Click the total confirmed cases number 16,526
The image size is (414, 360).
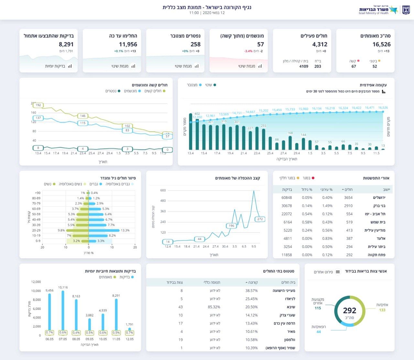tap(381, 44)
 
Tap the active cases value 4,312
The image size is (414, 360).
tap(320, 44)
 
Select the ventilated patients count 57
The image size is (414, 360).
tap(260, 44)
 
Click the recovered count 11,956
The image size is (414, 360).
tap(128, 44)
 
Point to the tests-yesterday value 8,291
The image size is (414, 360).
tap(66, 44)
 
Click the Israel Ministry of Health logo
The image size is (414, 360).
tap(384, 10)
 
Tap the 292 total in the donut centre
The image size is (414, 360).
tap(349, 311)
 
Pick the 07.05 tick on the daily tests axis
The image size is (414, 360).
tap(63, 339)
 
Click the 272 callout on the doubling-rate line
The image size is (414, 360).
tap(260, 219)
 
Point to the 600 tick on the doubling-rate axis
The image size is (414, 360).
tap(163, 190)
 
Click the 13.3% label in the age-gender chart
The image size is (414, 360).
tap(125, 230)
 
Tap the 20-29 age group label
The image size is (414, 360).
tap(36, 230)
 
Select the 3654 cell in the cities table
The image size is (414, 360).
tap(348, 197)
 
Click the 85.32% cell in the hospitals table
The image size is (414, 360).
tap(214, 307)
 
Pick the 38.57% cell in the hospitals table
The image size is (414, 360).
tap(251, 291)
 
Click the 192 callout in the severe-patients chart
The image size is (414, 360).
tap(38, 105)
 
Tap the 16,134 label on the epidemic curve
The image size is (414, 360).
tap(316, 108)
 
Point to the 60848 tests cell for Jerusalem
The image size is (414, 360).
tap(287, 197)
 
